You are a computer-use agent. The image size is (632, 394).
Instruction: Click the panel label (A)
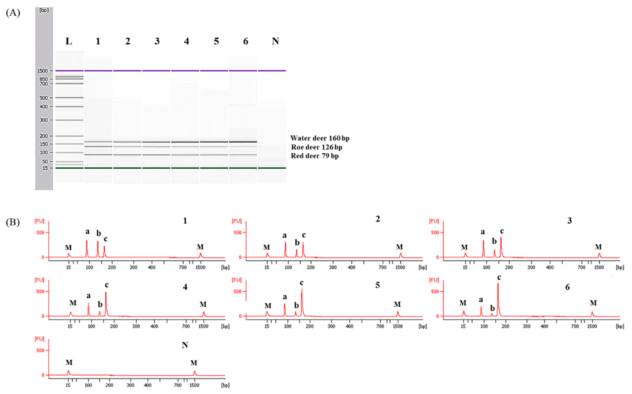click(x=13, y=13)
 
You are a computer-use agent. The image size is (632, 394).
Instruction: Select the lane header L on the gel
click(x=69, y=41)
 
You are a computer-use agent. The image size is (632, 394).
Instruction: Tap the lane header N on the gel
click(x=275, y=41)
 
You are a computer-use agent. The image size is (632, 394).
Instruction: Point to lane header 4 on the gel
click(x=186, y=41)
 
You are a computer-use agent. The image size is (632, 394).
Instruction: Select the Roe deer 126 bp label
click(x=317, y=147)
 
